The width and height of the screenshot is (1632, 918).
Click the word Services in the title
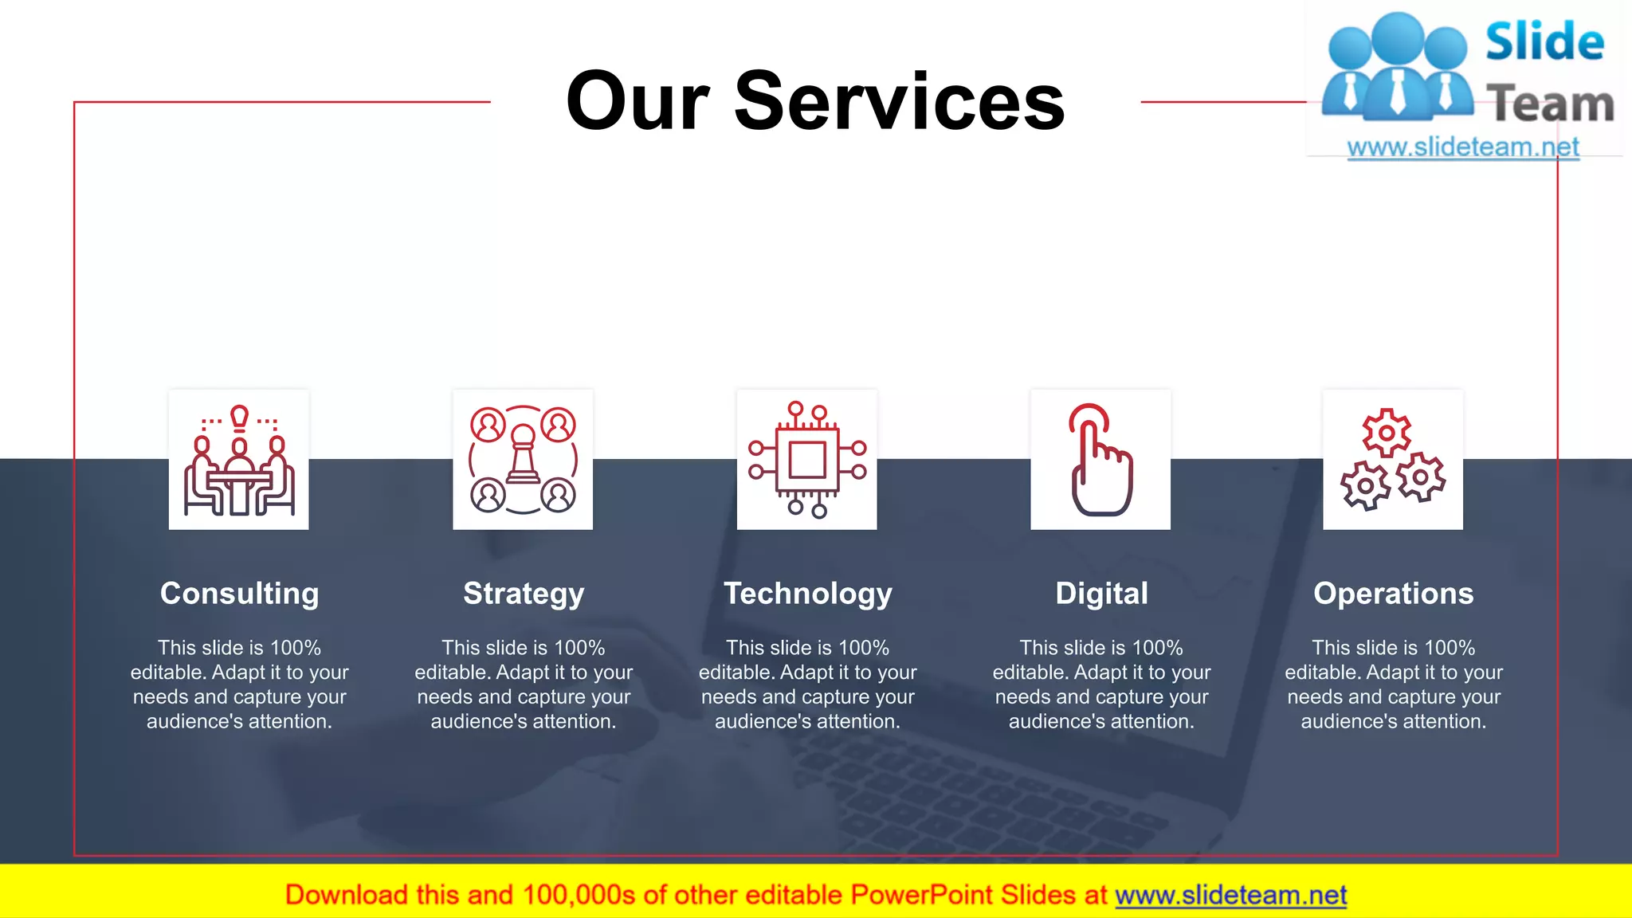900,101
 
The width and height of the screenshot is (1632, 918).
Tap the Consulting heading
239,594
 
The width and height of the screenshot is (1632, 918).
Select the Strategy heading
524,594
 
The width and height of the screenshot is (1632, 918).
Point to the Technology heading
807,594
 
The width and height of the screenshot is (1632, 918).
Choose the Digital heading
1101,594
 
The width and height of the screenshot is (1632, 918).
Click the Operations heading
1393,594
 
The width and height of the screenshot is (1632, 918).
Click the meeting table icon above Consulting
239,461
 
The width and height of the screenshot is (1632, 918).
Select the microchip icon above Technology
807,460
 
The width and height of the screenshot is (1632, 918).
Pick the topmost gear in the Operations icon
1387,433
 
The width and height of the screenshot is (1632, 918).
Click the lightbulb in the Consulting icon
239,417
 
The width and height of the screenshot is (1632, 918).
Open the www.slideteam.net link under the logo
1463,147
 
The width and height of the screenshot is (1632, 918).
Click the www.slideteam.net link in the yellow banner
1230,895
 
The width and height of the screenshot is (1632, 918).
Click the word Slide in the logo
1544,41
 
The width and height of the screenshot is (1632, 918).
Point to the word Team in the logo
1550,104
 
